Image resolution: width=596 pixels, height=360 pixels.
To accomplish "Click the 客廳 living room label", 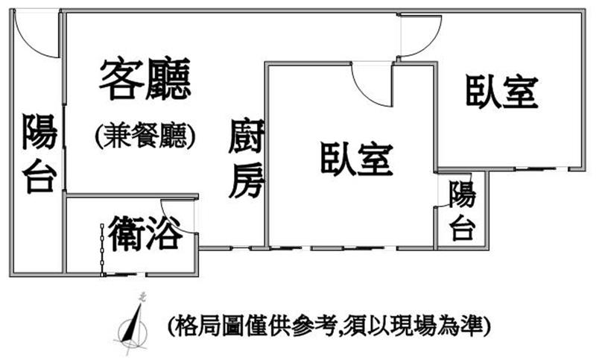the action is click(x=145, y=79).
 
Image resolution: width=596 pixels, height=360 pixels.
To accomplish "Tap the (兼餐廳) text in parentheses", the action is click(x=145, y=136).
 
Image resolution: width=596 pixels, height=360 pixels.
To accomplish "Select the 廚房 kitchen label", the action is click(x=247, y=159).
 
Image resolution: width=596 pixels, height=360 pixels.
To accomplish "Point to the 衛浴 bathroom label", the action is click(x=145, y=233).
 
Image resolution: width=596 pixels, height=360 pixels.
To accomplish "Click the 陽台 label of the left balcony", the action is click(x=39, y=153).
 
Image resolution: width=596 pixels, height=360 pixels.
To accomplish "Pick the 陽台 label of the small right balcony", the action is click(x=462, y=210).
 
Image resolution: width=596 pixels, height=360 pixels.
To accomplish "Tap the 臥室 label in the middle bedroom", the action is click(x=357, y=159).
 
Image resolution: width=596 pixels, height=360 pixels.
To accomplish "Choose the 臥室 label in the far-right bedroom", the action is click(x=501, y=92).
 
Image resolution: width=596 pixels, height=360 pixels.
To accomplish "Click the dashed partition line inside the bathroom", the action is click(x=102, y=250).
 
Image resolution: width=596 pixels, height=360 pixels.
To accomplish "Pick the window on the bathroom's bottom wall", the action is click(x=125, y=274).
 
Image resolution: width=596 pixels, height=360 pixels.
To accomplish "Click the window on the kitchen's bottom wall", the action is click(x=240, y=249).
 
